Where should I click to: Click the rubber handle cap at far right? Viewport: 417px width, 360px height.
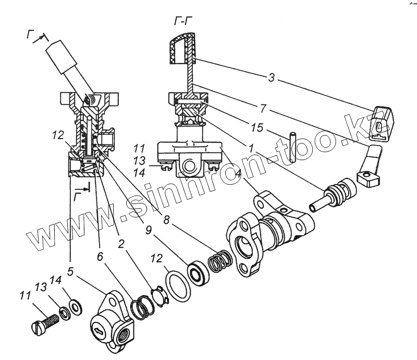381,122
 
